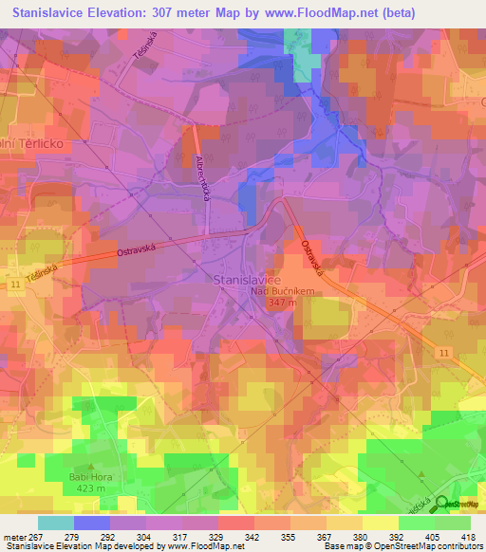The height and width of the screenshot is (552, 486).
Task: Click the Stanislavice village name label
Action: [247, 280]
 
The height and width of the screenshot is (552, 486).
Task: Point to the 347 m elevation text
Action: [282, 303]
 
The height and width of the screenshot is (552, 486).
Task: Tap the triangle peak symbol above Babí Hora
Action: [91, 468]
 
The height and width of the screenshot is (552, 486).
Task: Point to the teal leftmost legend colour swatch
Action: [55, 523]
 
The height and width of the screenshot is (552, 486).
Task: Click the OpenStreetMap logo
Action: [457, 505]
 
